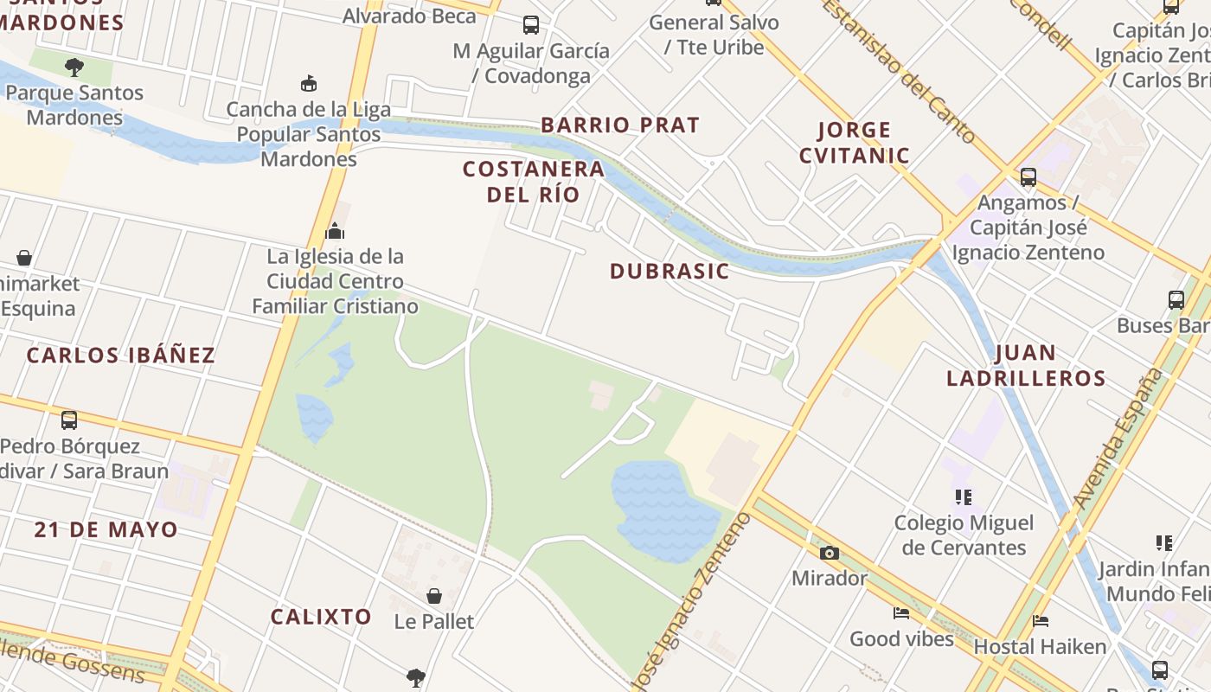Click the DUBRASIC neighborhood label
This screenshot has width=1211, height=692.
pyautogui.click(x=670, y=272)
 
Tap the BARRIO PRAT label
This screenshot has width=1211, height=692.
pyautogui.click(x=619, y=125)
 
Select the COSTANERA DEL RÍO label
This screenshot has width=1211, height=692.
pyautogui.click(x=533, y=182)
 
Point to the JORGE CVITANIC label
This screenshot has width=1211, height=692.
pyautogui.click(x=854, y=143)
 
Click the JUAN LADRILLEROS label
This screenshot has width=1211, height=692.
pyautogui.click(x=1026, y=366)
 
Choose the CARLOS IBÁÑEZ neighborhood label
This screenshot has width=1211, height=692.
pyautogui.click(x=121, y=356)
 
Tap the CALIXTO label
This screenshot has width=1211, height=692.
pyautogui.click(x=321, y=618)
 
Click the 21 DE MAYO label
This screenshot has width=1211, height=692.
pyautogui.click(x=106, y=530)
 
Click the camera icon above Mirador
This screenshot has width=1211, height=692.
pyautogui.click(x=829, y=553)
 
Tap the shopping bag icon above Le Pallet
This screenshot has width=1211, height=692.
pyautogui.click(x=434, y=596)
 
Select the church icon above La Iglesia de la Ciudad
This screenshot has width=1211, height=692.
pyautogui.click(x=335, y=231)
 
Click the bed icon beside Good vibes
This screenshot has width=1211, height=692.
pyautogui.click(x=901, y=613)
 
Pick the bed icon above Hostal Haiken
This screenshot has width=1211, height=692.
pyautogui.click(x=1041, y=621)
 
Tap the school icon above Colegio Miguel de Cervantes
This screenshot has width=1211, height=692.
pyautogui.click(x=964, y=497)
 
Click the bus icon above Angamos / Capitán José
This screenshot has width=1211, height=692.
pyautogui.click(x=1028, y=177)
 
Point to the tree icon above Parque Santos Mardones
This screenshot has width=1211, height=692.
pyautogui.click(x=74, y=67)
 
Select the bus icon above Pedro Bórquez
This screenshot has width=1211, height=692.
pyautogui.click(x=69, y=420)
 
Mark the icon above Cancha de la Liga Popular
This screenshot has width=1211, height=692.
pyautogui.click(x=309, y=83)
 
